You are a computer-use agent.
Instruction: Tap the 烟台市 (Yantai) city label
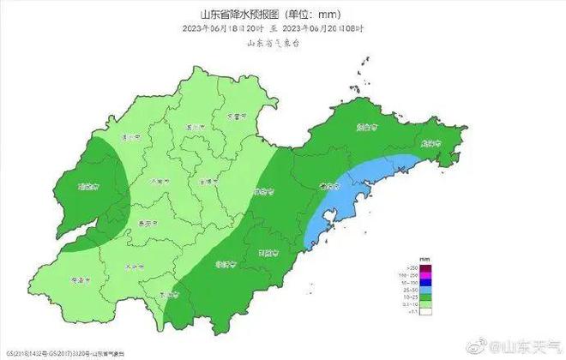tap(367, 128)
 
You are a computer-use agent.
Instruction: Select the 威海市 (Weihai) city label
tap(431, 143)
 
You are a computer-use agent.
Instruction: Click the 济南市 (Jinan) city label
tap(156, 181)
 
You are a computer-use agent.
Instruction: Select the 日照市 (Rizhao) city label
tap(268, 252)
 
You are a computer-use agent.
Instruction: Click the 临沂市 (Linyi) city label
tap(225, 263)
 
